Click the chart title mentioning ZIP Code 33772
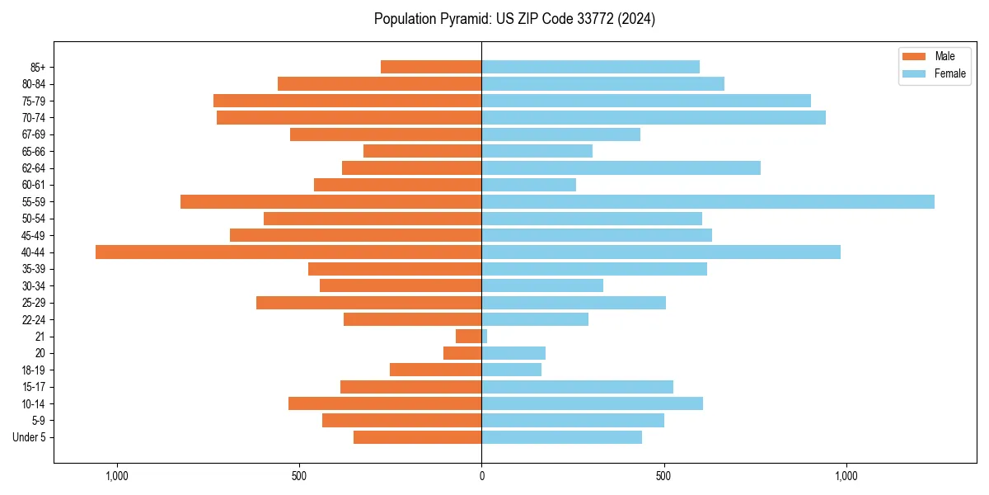pos(514,19)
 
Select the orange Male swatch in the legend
pos(915,56)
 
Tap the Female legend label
pos(949,73)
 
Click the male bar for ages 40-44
pos(288,252)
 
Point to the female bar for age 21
pos(485,337)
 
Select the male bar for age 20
pos(462,353)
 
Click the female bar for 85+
pos(590,67)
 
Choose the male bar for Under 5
pos(417,437)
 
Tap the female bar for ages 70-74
pos(653,118)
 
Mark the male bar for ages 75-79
pos(347,101)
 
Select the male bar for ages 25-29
pos(368,303)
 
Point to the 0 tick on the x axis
pos(481,476)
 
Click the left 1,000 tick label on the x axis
pos(116,476)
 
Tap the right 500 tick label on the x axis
pos(663,476)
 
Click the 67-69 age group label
pos(34,134)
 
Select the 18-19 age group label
pos(34,370)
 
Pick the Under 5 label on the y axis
pos(29,437)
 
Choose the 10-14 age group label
pos(34,404)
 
